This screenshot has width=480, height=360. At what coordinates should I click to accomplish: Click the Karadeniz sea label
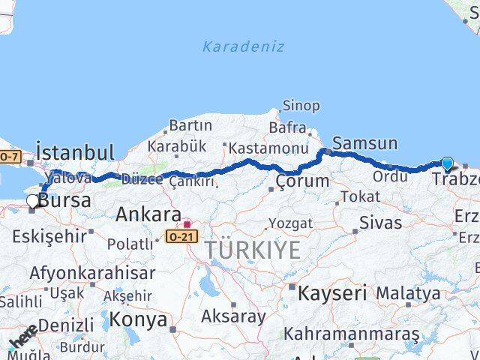pyautogui.click(x=243, y=46)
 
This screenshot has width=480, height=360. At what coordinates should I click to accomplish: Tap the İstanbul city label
pyautogui.click(x=75, y=152)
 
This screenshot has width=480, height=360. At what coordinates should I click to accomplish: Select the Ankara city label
pyautogui.click(x=148, y=215)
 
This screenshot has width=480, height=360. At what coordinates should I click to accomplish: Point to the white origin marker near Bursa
pyautogui.click(x=32, y=201)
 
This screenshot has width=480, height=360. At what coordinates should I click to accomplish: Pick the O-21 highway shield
pyautogui.click(x=181, y=235)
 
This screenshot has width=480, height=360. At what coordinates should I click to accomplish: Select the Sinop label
pyautogui.click(x=301, y=106)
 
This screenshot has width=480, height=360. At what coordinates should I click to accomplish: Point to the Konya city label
pyautogui.click(x=138, y=320)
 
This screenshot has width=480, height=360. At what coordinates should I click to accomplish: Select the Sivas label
pyautogui.click(x=380, y=223)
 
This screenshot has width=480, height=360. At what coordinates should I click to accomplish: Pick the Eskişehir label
pyautogui.click(x=49, y=237)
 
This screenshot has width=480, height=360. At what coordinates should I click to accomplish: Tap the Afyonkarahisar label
pyautogui.click(x=92, y=273)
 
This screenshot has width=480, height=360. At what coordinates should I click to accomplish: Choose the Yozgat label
pyautogui.click(x=290, y=223)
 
